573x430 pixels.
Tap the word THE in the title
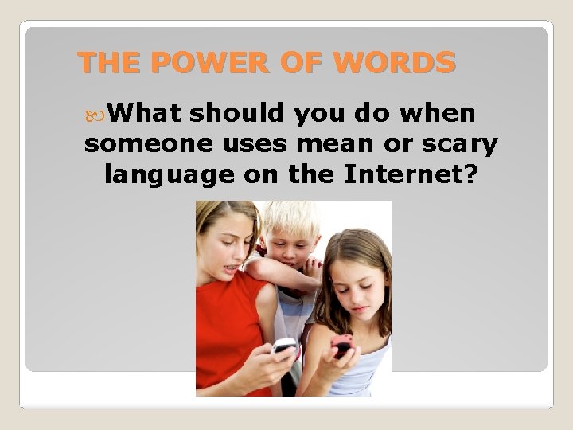[x=108, y=62]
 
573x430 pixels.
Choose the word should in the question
[x=237, y=114]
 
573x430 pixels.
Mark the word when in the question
[x=439, y=114]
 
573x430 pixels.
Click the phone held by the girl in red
[x=284, y=346]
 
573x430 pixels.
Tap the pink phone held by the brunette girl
[x=342, y=345]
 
